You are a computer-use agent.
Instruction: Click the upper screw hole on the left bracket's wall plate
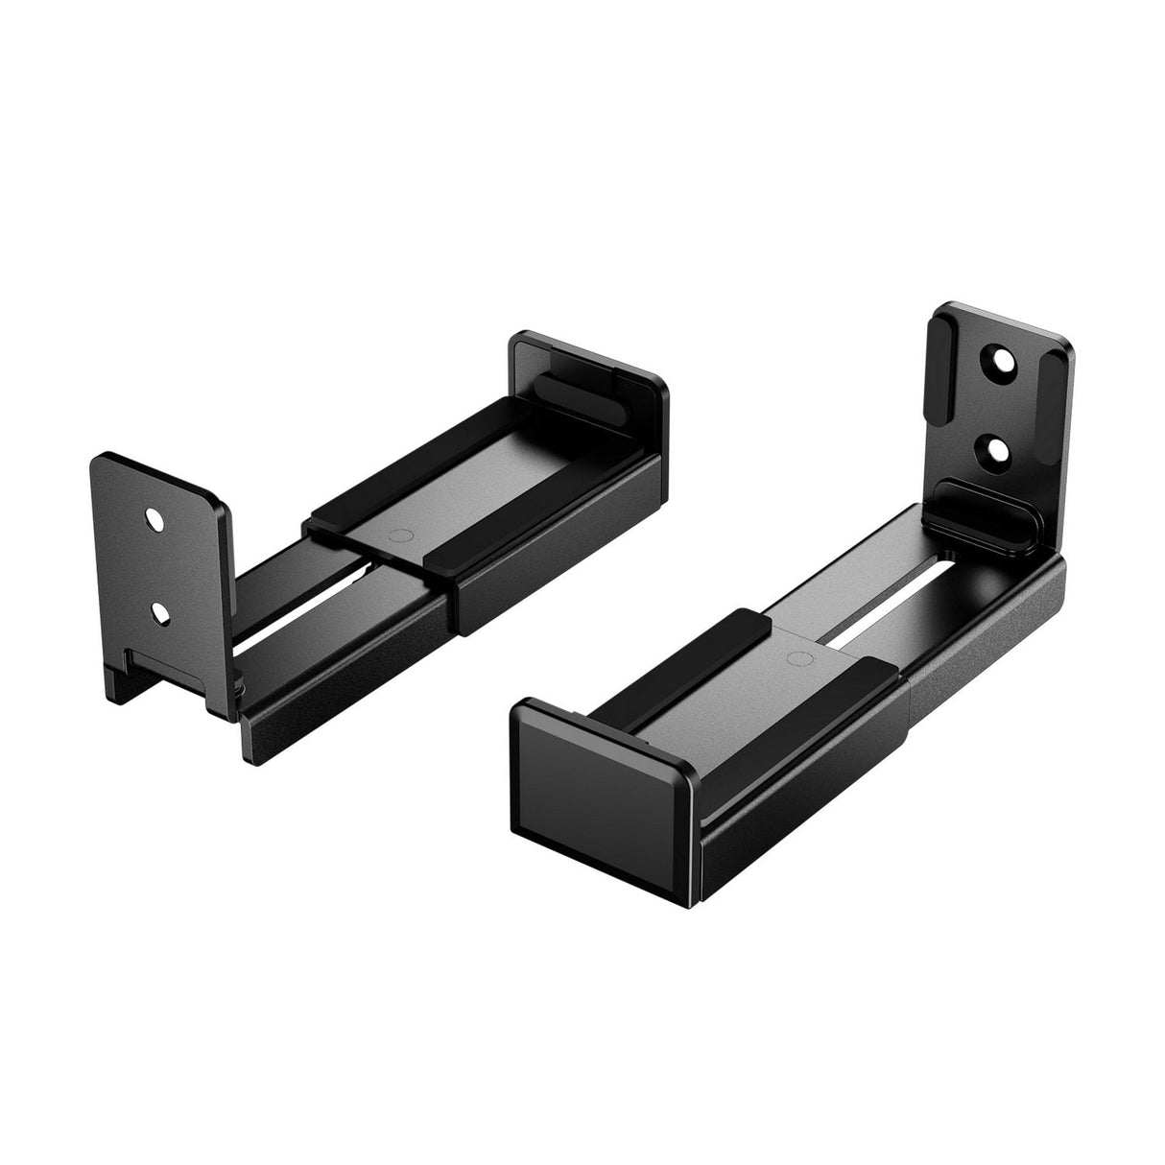pyautogui.click(x=154, y=519)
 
